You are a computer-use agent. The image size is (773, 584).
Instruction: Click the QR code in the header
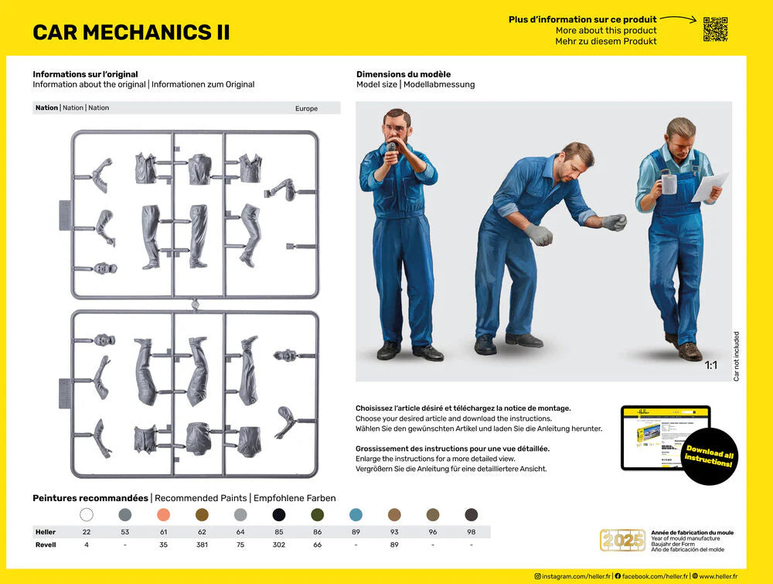point(715,29)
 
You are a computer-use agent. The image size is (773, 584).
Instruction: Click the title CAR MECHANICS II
point(131,32)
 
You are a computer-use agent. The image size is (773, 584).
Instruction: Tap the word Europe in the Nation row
point(306,108)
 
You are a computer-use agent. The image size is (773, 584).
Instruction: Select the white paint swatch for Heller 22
point(87,514)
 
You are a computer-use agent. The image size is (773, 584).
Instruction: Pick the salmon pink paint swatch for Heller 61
point(163,514)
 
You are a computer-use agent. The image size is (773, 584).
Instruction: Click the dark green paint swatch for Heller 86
point(317,514)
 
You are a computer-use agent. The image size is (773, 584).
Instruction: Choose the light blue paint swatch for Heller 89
point(356,514)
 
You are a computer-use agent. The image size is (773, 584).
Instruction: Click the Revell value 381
point(202,545)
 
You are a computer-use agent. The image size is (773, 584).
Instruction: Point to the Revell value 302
point(279,545)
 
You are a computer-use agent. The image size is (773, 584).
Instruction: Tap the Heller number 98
point(471,532)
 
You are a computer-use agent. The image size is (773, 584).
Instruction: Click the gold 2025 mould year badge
point(622,540)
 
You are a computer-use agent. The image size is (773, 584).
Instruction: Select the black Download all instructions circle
point(710,456)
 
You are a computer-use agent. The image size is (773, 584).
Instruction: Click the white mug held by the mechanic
point(668,183)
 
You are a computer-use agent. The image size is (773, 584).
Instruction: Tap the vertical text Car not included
point(736,357)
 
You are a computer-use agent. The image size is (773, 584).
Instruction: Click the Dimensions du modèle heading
point(404,74)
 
